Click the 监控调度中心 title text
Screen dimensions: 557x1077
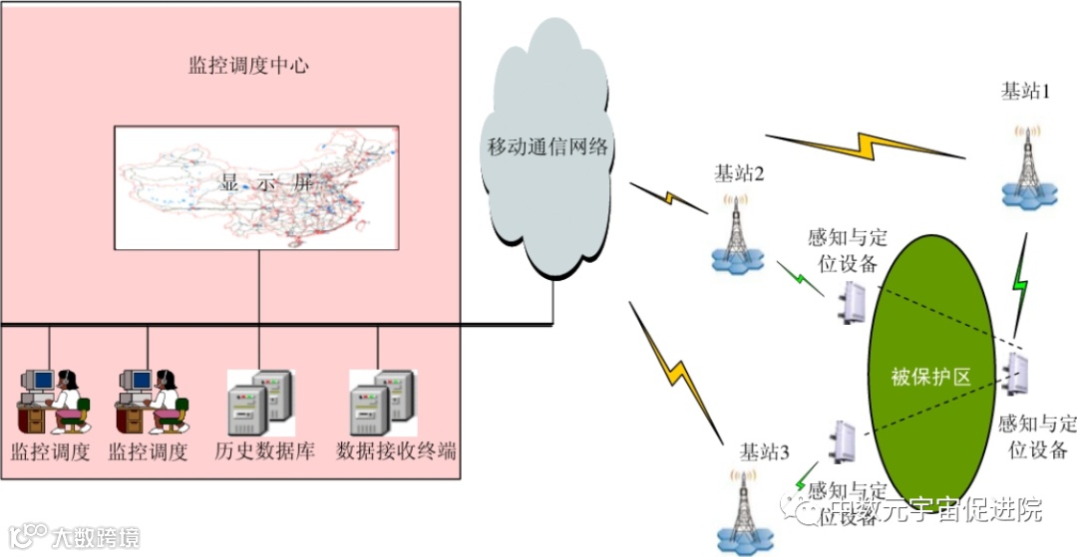250,66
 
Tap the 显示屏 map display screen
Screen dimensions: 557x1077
256,187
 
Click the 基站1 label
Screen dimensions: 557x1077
1026,91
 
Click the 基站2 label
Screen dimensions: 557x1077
739,173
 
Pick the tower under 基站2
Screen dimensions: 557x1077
736,235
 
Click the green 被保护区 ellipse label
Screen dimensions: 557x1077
929,377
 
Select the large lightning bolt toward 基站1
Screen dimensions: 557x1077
866,144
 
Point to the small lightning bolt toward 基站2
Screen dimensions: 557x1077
667,196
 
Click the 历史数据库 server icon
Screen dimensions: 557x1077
262,401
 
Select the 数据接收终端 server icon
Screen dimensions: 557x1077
382,401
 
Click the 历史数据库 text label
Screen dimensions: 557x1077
264,450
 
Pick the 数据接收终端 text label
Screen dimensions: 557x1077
396,450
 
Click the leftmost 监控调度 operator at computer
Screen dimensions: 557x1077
55,401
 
